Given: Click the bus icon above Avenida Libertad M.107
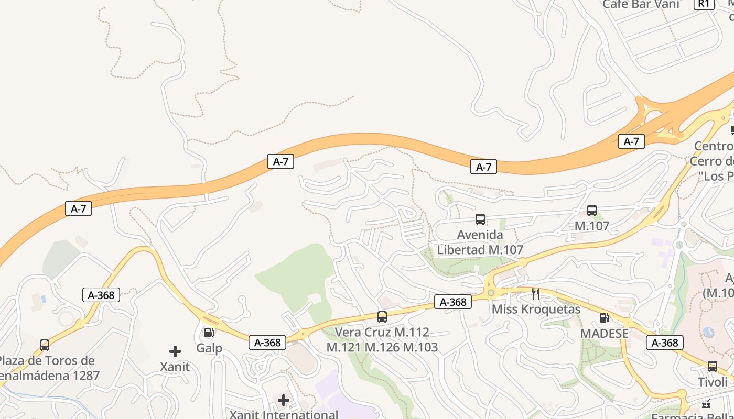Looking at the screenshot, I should click(x=480, y=219).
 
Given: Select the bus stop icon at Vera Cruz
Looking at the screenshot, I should click(x=382, y=317).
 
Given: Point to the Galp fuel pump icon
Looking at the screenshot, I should click(x=209, y=333).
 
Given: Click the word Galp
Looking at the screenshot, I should click(x=209, y=348).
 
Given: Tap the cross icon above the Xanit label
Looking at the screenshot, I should click(x=175, y=351).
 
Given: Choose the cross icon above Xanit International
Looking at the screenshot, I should click(x=284, y=401).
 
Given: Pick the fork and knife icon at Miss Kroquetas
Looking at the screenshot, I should click(x=535, y=293).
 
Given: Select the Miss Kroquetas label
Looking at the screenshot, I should click(x=536, y=309).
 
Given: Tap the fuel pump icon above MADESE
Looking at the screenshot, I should click(x=604, y=318).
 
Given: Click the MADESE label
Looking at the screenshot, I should click(x=604, y=334).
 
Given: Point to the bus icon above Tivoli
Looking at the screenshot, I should click(x=712, y=367).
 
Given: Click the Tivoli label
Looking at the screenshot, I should click(x=713, y=382).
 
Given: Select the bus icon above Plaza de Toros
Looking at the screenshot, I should click(x=45, y=345).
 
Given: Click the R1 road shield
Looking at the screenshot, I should click(x=703, y=4).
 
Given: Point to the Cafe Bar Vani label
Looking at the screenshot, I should click(x=640, y=4).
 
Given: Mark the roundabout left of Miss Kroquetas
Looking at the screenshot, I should click(x=491, y=293).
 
